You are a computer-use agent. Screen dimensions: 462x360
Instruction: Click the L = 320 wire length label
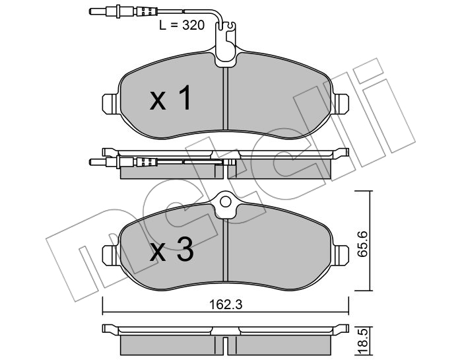(x=181, y=25)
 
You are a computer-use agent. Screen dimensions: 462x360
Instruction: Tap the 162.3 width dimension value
(x=226, y=305)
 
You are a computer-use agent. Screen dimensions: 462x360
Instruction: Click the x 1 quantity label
(x=170, y=98)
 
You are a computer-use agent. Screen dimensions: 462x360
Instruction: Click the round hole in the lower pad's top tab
(x=226, y=202)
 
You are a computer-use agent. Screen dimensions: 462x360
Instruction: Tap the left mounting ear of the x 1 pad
(x=110, y=104)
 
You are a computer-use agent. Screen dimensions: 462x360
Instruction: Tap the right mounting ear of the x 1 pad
(x=341, y=104)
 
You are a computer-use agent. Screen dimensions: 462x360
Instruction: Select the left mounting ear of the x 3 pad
(x=110, y=256)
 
